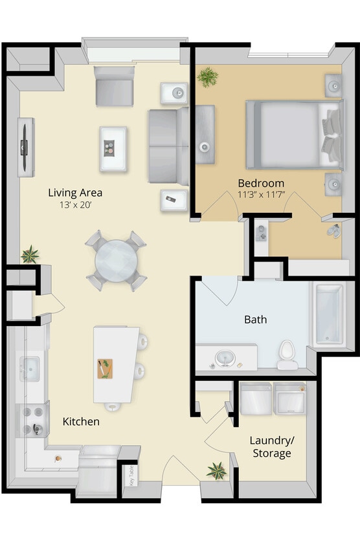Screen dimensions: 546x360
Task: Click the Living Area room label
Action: (75, 192)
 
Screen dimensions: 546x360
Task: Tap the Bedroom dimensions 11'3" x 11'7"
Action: (260, 194)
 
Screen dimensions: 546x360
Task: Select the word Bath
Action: (255, 319)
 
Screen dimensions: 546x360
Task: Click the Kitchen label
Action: (81, 421)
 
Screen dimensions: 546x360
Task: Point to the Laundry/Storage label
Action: (271, 446)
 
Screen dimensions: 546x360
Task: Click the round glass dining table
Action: (116, 261)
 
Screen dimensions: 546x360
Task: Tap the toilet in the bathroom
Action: (287, 355)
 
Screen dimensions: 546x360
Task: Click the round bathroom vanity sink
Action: (224, 358)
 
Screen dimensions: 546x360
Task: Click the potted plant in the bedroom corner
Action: (208, 78)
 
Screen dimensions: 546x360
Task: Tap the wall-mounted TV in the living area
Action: (25, 147)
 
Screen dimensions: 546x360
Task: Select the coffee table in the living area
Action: (113, 149)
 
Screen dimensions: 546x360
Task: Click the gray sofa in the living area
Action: (168, 146)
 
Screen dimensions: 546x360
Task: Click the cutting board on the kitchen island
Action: (105, 369)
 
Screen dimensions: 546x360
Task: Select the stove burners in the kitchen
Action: (32, 419)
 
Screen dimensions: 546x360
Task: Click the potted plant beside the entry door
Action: (216, 470)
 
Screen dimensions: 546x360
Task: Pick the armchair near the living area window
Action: (115, 87)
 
